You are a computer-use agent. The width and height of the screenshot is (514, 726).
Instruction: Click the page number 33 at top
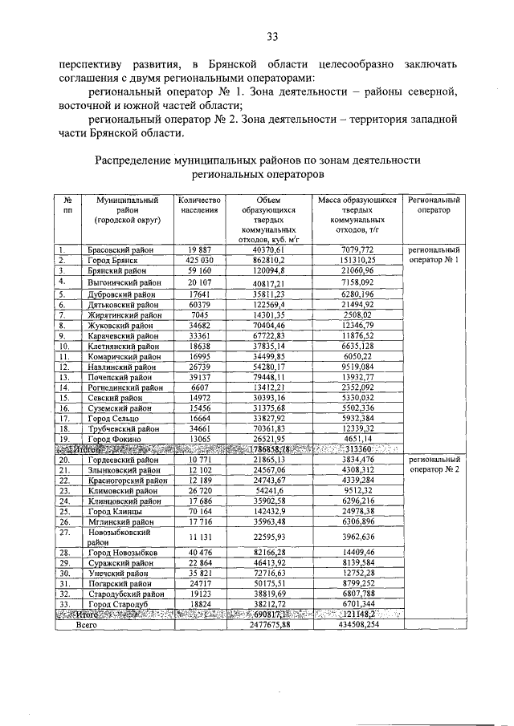pyautogui.click(x=273, y=35)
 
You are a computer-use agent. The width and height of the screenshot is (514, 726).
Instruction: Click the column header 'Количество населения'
pyautogui.click(x=198, y=205)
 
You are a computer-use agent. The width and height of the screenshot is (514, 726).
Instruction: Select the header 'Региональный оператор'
pyautogui.click(x=434, y=205)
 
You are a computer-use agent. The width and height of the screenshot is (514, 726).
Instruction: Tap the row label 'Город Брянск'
pyautogui.click(x=115, y=261)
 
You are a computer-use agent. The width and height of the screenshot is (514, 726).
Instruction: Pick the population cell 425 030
pyautogui.click(x=198, y=261)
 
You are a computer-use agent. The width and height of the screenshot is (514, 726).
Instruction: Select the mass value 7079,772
pyautogui.click(x=357, y=250)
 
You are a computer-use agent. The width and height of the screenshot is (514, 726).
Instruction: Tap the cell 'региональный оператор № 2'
pyautogui.click(x=434, y=465)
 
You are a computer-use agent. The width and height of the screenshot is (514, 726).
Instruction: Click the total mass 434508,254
pyautogui.click(x=357, y=623)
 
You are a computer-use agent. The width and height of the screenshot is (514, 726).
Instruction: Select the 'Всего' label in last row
pyautogui.click(x=88, y=623)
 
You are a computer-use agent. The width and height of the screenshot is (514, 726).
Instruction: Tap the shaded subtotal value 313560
pyautogui.click(x=357, y=449)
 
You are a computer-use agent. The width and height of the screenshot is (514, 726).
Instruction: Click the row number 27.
pyautogui.click(x=63, y=532)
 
